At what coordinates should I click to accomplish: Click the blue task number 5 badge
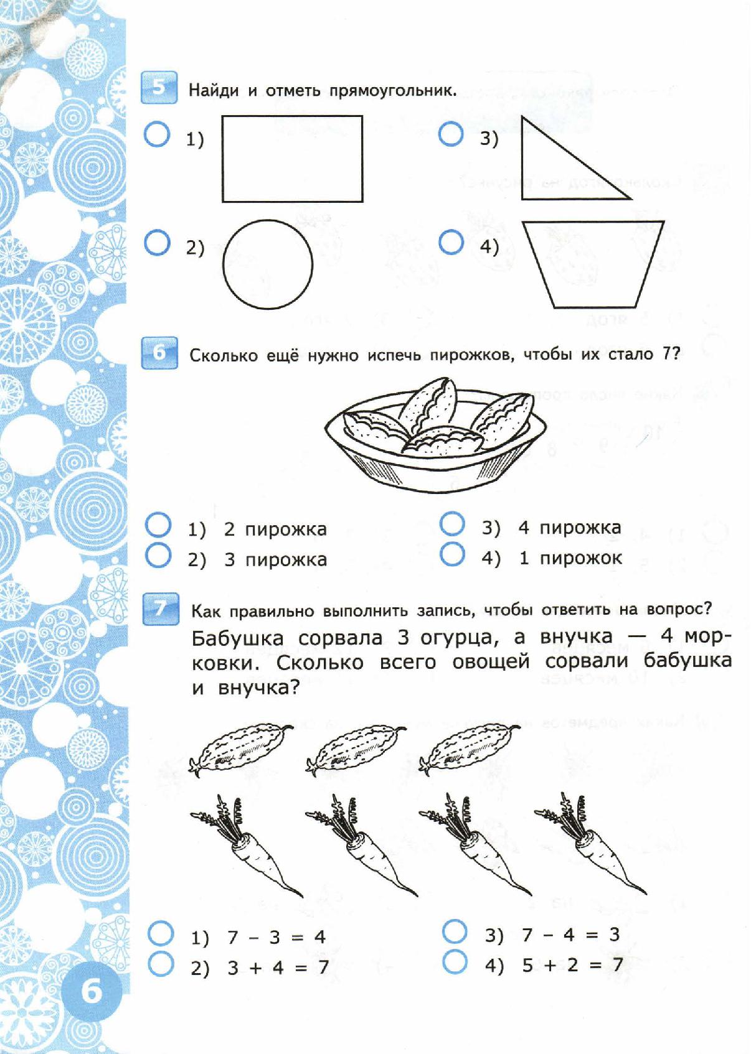tap(159, 88)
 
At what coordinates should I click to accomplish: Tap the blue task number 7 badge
tap(159, 609)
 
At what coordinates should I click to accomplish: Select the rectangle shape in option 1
tap(292, 159)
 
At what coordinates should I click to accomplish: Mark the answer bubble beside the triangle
tap(451, 135)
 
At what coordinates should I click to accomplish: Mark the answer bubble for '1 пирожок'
tap(452, 554)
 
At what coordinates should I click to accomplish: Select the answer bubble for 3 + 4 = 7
tap(161, 964)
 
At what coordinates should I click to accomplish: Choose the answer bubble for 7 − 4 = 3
tap(455, 932)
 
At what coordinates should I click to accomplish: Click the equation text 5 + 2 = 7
tap(572, 965)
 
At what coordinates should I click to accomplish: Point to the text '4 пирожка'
tap(569, 528)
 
